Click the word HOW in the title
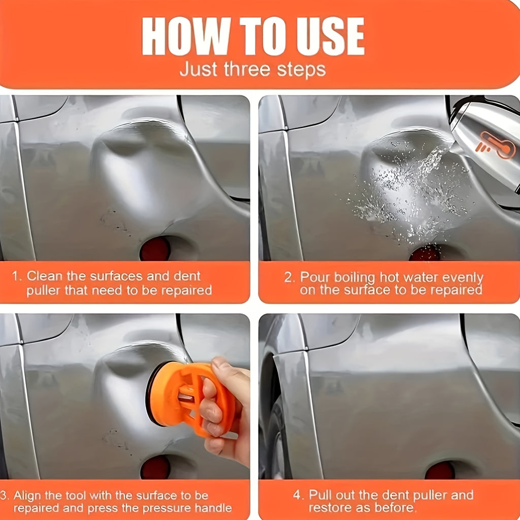coord(186,36)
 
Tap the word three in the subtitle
coord(247,69)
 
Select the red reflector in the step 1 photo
coord(155,248)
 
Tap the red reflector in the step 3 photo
coord(155,467)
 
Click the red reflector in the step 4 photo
coord(440,470)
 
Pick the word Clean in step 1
coord(45,276)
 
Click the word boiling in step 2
coord(354,277)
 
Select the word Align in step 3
coord(27,496)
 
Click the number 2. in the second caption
coord(289,277)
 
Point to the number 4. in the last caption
coord(299,495)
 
